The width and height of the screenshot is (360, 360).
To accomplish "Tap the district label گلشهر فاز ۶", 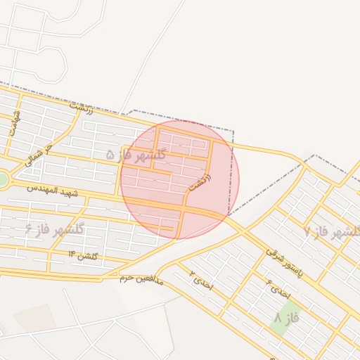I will point(54,229).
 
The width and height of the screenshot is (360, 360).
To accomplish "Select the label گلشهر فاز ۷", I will point(333,232).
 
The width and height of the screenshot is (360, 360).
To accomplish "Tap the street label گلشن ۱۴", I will point(82,255).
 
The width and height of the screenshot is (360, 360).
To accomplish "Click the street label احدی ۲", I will point(200,281).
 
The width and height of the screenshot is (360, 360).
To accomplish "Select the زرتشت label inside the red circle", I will point(200,180).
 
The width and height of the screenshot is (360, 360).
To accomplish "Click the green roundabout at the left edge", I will point(2,180).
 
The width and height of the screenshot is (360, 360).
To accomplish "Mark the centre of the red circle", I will point(180,179).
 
